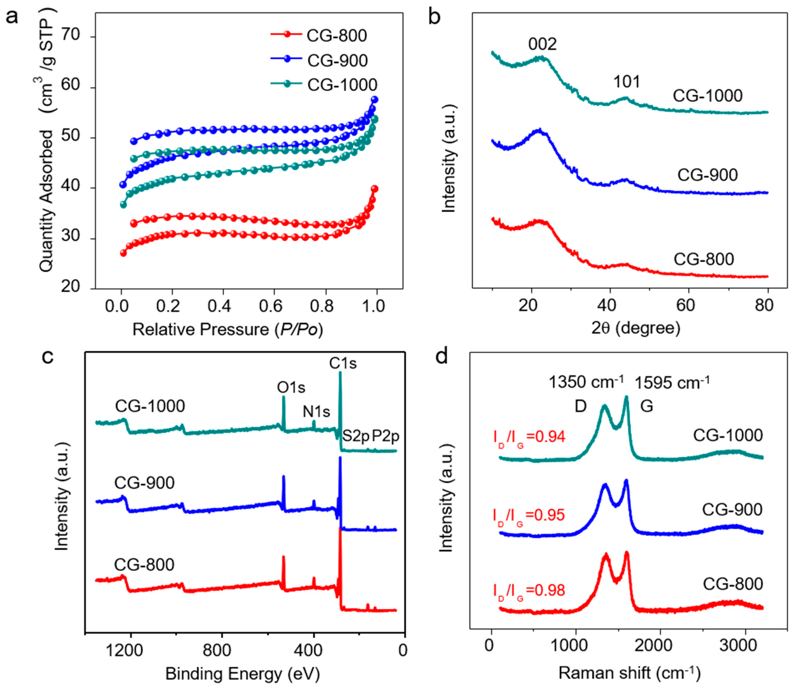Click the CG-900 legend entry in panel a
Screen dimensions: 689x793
tap(337, 60)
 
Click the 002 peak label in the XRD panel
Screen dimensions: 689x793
tap(542, 45)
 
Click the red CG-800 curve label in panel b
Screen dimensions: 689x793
tap(704, 259)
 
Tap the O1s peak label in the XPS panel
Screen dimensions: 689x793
tap(291, 388)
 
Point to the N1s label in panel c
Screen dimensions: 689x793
tap(316, 412)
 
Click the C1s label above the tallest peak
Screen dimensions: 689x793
tap(343, 363)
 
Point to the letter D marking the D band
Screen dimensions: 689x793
tap(580, 406)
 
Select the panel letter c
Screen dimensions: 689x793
tap(48, 357)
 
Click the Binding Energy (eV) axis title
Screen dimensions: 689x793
tap(243, 674)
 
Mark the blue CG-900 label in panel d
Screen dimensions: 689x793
tap(732, 510)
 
